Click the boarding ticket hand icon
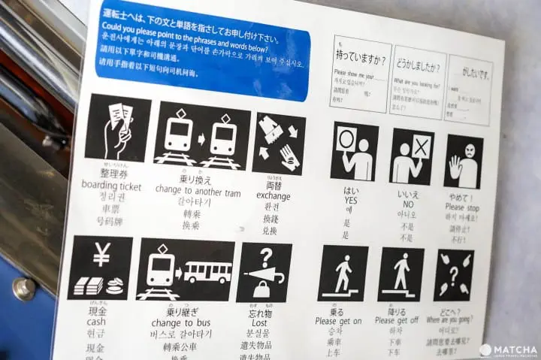pos(117,127)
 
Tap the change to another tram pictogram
pos(201,135)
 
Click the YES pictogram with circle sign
pos(354,151)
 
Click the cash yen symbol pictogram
pos(100,268)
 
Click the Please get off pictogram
pos(400,274)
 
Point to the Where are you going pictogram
pos(454,275)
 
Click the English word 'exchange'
pos(273,195)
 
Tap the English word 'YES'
pos(351,201)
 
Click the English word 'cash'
pos(96,321)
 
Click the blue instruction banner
pos(203,50)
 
